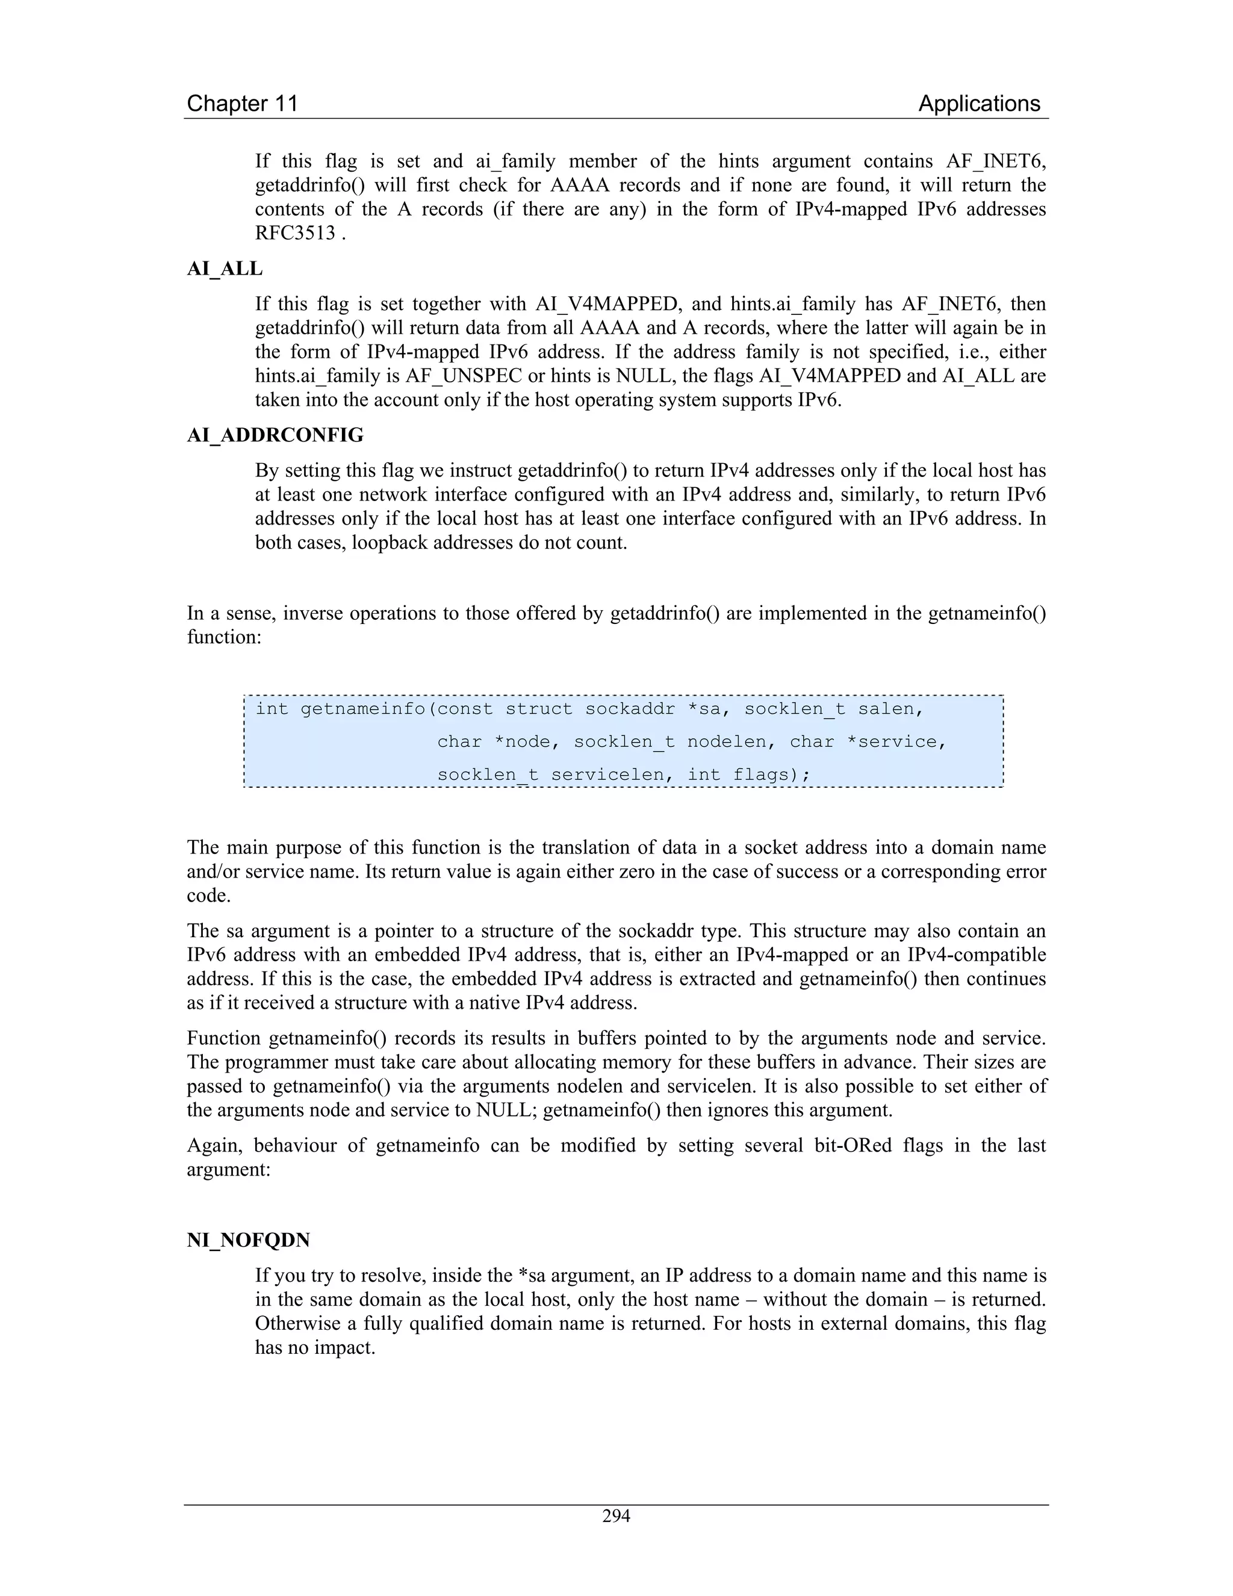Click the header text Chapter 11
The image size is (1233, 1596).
[243, 104]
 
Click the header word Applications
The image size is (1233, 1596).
[979, 104]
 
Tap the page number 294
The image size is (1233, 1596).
[616, 1516]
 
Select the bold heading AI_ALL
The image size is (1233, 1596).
[224, 269]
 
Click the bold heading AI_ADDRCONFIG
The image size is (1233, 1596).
[275, 435]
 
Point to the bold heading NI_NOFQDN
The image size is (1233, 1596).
[249, 1240]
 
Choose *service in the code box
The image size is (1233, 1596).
[896, 742]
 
